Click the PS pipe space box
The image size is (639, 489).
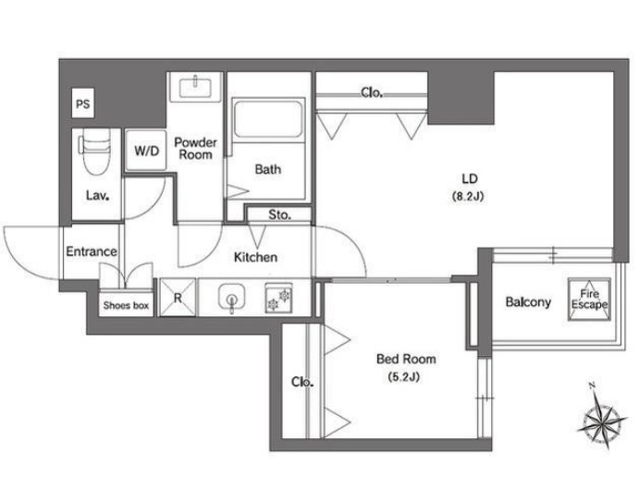pos(82,104)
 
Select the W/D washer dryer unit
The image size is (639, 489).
pos(146,151)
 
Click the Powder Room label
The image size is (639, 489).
pos(196,148)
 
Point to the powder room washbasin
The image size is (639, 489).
pos(195,87)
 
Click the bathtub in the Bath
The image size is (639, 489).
pos(268,120)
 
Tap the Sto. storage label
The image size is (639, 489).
pos(279,214)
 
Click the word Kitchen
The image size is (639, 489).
pos(255,257)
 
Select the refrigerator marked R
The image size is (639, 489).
pos(178,297)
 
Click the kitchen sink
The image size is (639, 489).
pos(231,297)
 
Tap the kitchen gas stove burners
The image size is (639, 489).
pos(278,298)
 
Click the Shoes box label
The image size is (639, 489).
pos(126,305)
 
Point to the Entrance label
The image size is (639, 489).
pos(92,251)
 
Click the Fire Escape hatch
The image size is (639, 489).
pos(589,300)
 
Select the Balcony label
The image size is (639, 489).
pos(528,302)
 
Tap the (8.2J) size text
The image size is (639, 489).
pos(468,196)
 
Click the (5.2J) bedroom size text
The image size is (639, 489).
pos(404,377)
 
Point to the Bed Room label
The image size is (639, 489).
pos(406,359)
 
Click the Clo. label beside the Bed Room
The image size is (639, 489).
pos(302,383)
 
